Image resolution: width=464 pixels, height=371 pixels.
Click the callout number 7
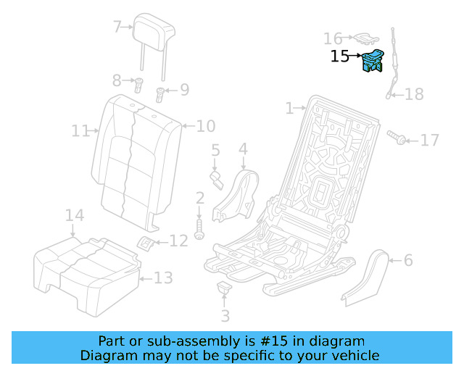[117, 28]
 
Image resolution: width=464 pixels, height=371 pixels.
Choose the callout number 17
[430, 139]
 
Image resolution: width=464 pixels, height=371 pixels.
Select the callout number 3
[225, 316]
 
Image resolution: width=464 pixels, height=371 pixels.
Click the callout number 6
[408, 260]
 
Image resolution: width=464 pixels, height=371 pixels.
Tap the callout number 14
[75, 215]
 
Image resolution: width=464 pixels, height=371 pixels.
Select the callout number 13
[164, 277]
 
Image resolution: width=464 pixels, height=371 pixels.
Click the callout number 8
[117, 80]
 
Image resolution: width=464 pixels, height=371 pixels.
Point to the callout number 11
[80, 131]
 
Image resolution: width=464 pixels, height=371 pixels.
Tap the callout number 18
[414, 94]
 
